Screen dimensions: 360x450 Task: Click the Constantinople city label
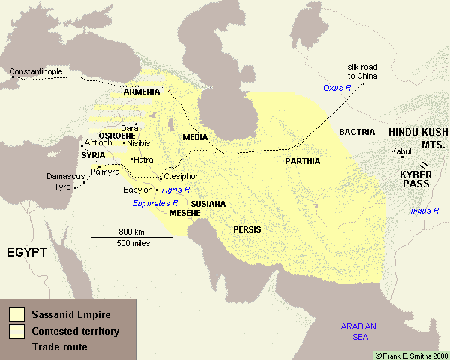[38, 71]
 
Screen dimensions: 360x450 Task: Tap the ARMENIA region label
[142, 91]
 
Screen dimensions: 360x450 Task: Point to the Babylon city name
[138, 190]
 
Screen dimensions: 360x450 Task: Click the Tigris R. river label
[176, 190]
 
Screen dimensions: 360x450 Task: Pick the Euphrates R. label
[155, 203]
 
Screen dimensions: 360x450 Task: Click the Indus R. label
[425, 211]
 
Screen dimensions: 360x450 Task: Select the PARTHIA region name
[303, 161]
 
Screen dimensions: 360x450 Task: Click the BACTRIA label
[357, 132]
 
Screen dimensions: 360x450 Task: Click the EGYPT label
[26, 253]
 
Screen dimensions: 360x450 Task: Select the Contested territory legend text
[75, 330]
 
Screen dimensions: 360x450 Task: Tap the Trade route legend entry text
[59, 346]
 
